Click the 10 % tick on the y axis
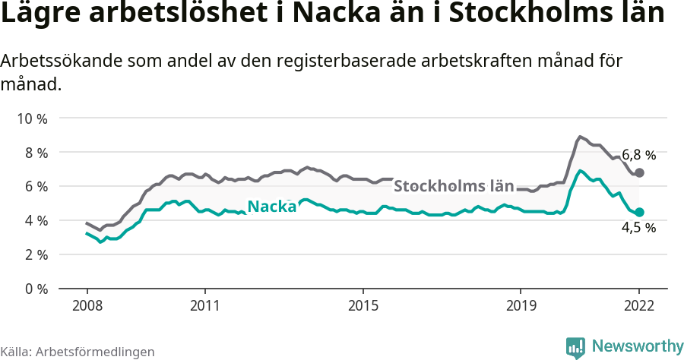pyautogui.click(x=32, y=118)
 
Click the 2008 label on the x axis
pyautogui.click(x=87, y=306)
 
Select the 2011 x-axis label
pyautogui.click(x=205, y=306)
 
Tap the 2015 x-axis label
pyautogui.click(x=363, y=306)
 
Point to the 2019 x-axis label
pyautogui.click(x=521, y=306)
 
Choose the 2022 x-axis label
pyautogui.click(x=639, y=306)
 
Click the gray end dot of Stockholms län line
pyautogui.click(x=639, y=173)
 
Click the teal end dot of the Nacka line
pyautogui.click(x=639, y=212)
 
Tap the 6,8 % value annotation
pyautogui.click(x=638, y=155)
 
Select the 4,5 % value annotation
pyautogui.click(x=638, y=227)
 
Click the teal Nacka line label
pyautogui.click(x=272, y=207)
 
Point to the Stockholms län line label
pyautogui.click(x=454, y=186)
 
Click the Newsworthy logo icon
pyautogui.click(x=576, y=347)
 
